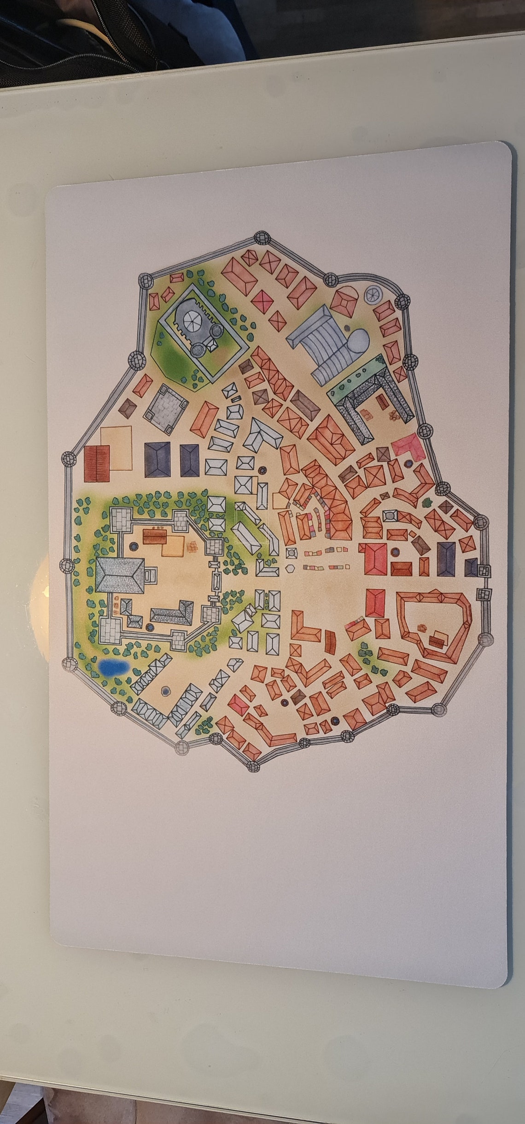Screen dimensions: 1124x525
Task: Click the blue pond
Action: tap(112, 667)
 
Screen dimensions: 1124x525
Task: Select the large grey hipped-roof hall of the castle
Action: tap(119, 577)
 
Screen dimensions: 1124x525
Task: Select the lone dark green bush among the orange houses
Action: tap(427, 501)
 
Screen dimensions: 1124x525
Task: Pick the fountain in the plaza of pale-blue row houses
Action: tap(165, 691)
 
